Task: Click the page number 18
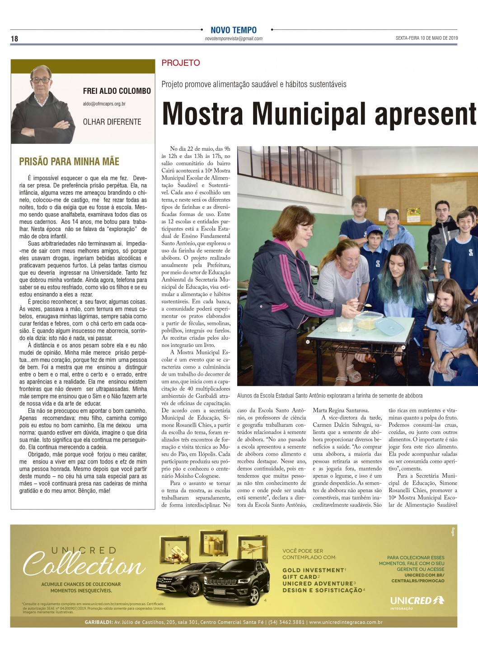point(14,39)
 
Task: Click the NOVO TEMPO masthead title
point(234,30)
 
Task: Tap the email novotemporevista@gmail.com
point(234,39)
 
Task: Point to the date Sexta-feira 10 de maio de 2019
point(426,38)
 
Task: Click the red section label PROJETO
point(181,63)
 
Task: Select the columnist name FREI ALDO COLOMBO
point(117,91)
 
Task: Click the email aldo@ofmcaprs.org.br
point(104,104)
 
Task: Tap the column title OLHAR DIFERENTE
point(112,122)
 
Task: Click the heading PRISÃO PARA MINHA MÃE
point(69,162)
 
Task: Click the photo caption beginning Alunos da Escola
point(330,396)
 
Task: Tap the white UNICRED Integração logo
point(417,601)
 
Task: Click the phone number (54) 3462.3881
point(286,623)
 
